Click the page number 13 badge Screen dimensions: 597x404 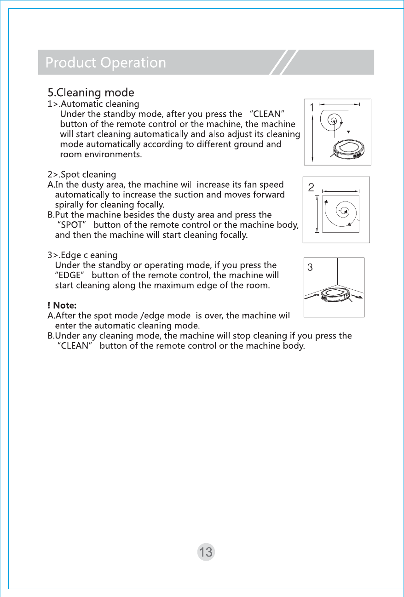pos(206,551)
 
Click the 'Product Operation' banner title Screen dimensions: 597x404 pos(105,63)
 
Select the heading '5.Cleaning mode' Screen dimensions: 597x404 pos(91,92)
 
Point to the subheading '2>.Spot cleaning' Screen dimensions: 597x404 pos(81,174)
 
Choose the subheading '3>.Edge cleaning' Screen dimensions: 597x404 pos(82,255)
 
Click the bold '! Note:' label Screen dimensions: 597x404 pos(62,305)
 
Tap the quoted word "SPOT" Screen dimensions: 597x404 pos(71,225)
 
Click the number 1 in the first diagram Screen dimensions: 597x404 pos(312,108)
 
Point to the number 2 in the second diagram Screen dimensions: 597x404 pos(311,187)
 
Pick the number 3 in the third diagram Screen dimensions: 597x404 pos(310,267)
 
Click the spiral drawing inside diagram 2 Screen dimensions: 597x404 pos(342,212)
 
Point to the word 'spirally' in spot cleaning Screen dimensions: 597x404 pos(69,205)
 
